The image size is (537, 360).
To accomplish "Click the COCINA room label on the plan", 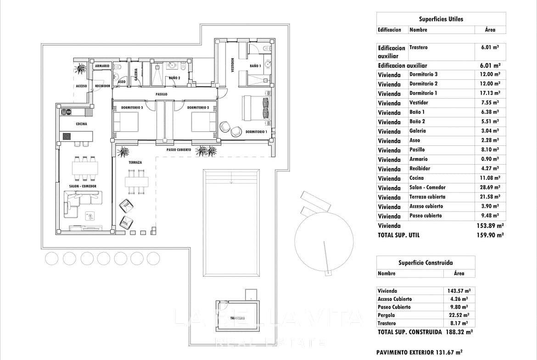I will [x=81, y=124].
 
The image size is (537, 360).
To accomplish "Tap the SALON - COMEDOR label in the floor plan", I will [x=84, y=186].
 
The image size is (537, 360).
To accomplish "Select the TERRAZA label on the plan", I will [x=135, y=162].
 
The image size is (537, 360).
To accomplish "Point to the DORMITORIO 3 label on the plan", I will [x=132, y=108].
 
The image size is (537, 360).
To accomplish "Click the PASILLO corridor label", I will [x=161, y=94].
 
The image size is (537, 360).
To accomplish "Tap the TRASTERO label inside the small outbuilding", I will [x=238, y=317].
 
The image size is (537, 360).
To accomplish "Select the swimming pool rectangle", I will [x=231, y=222].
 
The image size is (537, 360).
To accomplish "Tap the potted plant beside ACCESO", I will [x=81, y=68].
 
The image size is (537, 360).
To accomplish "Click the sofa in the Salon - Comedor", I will [x=83, y=198].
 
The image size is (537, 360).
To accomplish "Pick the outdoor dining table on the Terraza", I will [x=137, y=182].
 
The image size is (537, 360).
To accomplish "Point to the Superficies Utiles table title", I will [x=441, y=19].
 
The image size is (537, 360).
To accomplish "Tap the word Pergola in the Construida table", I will [x=386, y=315].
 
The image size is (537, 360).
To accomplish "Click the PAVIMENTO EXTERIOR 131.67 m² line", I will [x=419, y=352].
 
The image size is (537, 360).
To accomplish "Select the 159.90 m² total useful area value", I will [x=490, y=235].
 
